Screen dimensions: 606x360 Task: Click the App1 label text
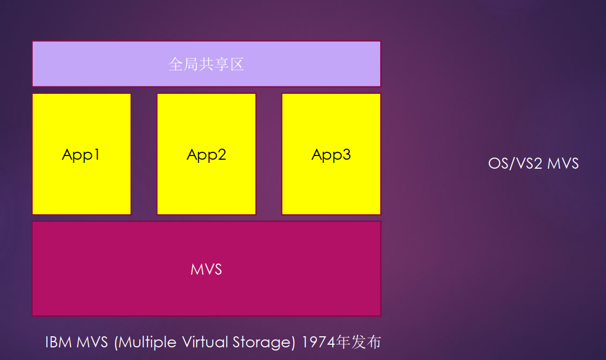click(81, 155)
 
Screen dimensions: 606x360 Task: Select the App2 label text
click(206, 155)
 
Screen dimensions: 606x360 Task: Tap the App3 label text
click(331, 155)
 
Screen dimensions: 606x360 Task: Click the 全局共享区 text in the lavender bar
click(206, 64)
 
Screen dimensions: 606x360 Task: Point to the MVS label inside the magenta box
click(206, 269)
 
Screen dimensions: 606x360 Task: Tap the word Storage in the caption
click(264, 343)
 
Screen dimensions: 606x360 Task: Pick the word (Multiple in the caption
click(146, 343)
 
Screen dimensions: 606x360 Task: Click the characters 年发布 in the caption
click(359, 342)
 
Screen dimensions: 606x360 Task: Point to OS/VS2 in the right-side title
click(515, 163)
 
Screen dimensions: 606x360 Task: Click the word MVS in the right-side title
click(563, 163)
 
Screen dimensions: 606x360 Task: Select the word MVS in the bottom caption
click(92, 342)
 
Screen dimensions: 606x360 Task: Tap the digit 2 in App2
click(222, 154)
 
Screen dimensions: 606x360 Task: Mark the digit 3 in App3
click(347, 154)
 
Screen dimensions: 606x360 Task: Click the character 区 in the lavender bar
click(237, 64)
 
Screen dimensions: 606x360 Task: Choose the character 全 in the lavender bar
click(176, 64)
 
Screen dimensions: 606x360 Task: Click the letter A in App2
click(193, 154)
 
